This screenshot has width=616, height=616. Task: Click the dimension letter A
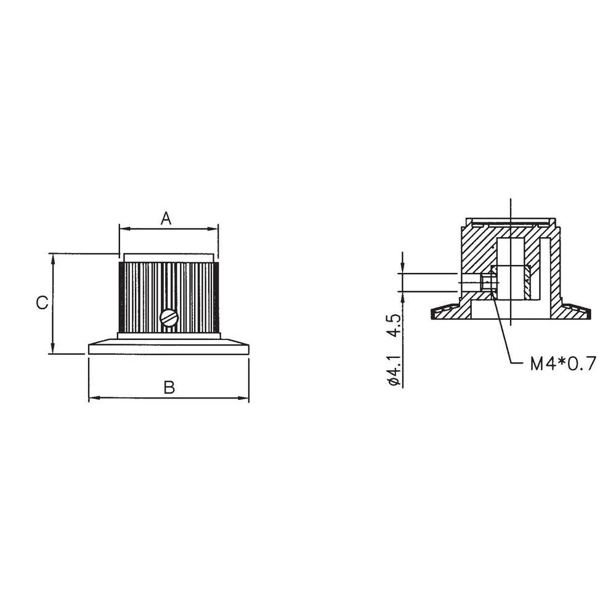[166, 217]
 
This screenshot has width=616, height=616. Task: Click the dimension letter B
[169, 388]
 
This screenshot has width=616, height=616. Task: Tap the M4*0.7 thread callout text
[563, 364]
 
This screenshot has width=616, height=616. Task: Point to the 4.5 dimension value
[395, 325]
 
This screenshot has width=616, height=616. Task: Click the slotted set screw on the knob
[169, 318]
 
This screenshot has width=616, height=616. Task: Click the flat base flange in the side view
[169, 349]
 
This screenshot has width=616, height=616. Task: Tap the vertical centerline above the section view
[511, 208]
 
